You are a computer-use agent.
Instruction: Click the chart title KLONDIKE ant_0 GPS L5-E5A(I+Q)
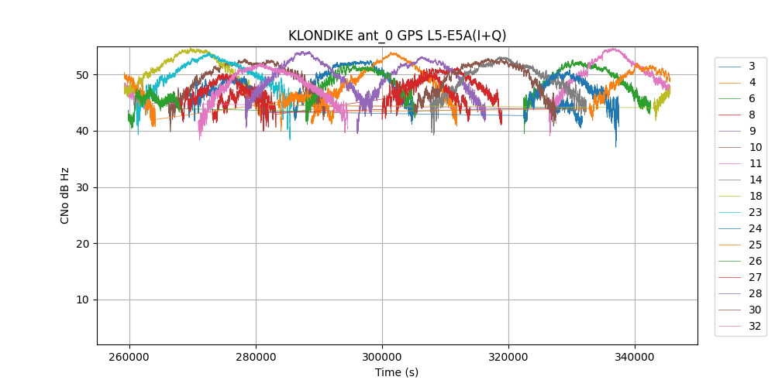(x=397, y=36)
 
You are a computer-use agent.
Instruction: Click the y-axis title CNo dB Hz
(x=65, y=195)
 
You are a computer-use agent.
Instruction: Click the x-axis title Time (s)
(x=397, y=372)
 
